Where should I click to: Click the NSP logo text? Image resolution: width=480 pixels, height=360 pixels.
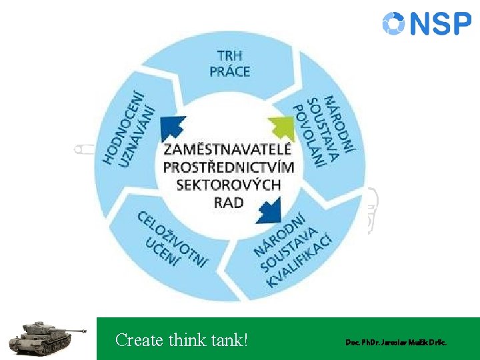[441, 24]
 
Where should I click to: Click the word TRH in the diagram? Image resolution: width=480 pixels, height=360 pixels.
[229, 56]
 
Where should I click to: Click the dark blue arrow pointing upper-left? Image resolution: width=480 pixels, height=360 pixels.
[173, 127]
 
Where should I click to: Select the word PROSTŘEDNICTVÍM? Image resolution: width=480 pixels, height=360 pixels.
[229, 167]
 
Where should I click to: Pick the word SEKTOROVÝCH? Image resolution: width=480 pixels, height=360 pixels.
[229, 185]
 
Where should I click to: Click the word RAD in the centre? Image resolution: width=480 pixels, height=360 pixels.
[229, 202]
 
